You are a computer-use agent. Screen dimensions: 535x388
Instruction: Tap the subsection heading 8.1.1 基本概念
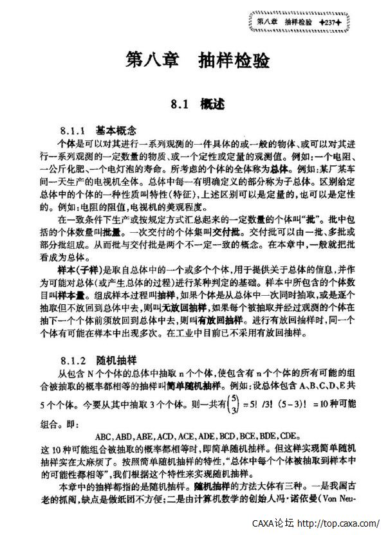tap(98, 129)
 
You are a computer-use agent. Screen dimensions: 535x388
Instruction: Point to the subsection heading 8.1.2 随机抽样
tap(98, 359)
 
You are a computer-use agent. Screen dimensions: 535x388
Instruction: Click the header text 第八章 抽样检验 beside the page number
tap(284, 23)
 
